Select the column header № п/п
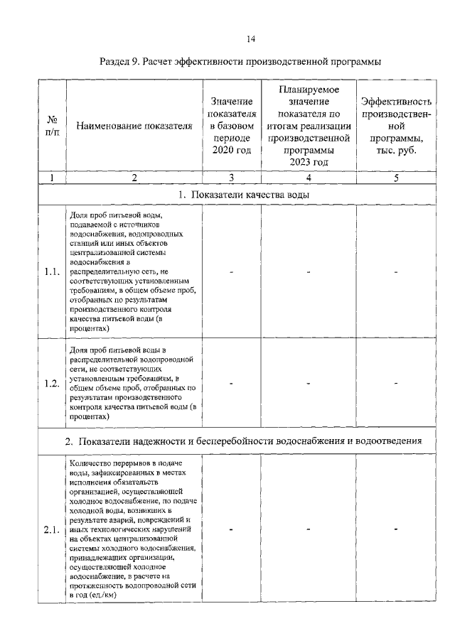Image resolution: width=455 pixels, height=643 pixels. (52, 126)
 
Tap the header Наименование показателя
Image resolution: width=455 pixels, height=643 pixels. (134, 126)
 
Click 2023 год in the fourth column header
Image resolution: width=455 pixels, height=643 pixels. (309, 163)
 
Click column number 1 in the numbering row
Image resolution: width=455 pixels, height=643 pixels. (52, 177)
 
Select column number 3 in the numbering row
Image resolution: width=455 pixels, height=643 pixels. (232, 177)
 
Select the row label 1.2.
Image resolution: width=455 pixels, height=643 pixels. (52, 384)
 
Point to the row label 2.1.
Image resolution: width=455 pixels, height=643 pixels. (52, 529)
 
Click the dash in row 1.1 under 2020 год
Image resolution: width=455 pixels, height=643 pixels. (232, 271)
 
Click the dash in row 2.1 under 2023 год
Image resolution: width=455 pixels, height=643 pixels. (309, 529)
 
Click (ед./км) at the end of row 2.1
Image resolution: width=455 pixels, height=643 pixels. (101, 595)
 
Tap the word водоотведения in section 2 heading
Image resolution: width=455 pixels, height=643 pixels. (388, 441)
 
